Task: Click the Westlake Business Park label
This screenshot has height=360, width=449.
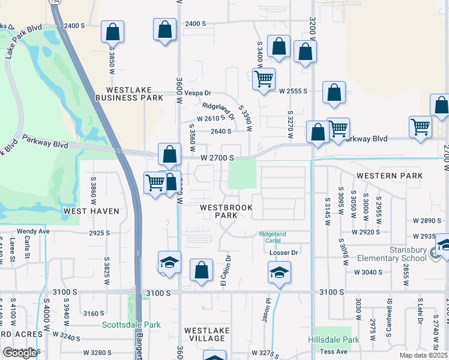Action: point(130,93)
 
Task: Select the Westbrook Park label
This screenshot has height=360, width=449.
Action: point(226,211)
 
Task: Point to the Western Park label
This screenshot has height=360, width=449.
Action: point(390,176)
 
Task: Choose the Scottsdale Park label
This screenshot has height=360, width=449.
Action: point(131,325)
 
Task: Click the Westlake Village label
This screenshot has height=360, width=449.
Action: point(205,334)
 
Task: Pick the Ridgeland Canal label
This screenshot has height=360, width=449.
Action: point(273,237)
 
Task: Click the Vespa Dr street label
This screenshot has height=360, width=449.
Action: point(197,93)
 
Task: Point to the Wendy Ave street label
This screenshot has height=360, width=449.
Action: point(33,231)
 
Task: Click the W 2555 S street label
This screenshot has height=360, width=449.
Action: point(293,91)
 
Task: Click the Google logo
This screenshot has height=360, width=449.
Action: point(20,353)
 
